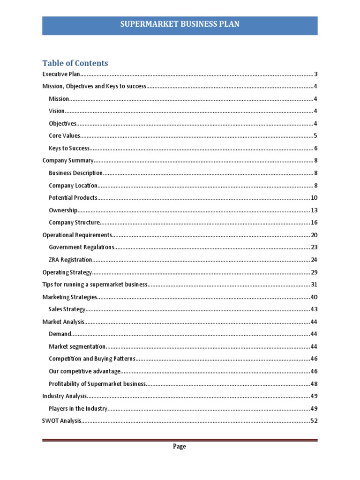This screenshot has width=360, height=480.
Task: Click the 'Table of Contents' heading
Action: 75,63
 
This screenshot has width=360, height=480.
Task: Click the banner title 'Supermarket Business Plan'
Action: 180,24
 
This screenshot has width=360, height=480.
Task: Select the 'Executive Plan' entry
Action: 61,74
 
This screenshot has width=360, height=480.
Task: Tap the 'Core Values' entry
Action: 65,136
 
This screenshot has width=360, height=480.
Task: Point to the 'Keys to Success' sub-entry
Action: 69,148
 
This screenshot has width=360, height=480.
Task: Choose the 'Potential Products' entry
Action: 73,197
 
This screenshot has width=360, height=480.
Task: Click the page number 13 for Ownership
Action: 314,210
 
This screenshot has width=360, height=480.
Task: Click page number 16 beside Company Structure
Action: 314,222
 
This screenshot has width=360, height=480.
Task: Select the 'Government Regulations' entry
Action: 81,247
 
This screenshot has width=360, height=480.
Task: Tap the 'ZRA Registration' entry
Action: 70,260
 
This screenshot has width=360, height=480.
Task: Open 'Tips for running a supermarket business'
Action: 95,285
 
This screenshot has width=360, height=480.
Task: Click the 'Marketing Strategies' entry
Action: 70,297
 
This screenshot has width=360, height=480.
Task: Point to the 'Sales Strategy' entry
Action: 67,309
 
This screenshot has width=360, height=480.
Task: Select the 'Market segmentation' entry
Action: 77,346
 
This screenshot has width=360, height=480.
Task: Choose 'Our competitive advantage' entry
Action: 84,371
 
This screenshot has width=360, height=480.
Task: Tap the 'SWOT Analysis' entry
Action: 62,420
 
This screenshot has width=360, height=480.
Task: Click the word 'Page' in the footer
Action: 180,446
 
